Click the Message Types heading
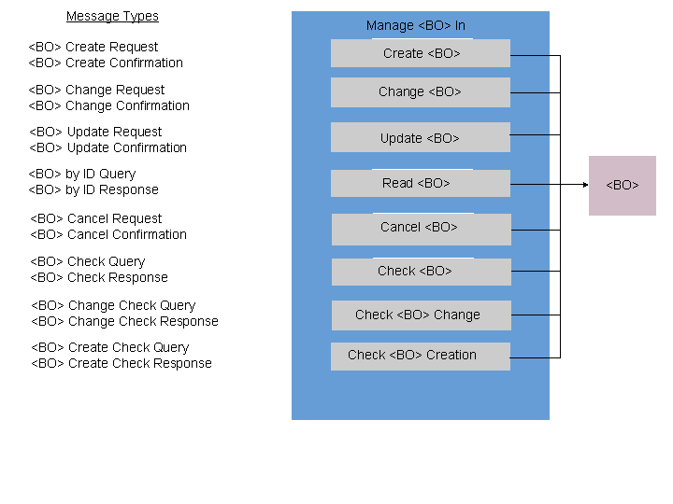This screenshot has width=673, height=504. pyautogui.click(x=112, y=16)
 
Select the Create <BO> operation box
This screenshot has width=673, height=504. pyautogui.click(x=421, y=53)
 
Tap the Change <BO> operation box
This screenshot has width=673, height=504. pyautogui.click(x=421, y=92)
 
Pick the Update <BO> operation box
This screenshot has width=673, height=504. pyautogui.click(x=421, y=137)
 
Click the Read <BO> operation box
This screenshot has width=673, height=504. pyautogui.click(x=421, y=183)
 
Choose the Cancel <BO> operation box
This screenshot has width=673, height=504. pyautogui.click(x=422, y=230)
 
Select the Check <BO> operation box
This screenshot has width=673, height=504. pyautogui.click(x=422, y=272)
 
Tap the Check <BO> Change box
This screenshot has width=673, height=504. pyautogui.click(x=422, y=315)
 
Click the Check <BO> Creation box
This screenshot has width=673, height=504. pyautogui.click(x=421, y=357)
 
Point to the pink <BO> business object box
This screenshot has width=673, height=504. pyautogui.click(x=623, y=186)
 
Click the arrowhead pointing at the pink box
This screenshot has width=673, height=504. pyautogui.click(x=586, y=185)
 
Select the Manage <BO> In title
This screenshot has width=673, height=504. pyautogui.click(x=415, y=26)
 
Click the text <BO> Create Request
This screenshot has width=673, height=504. pyautogui.click(x=93, y=47)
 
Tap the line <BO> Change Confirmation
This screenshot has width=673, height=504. pyautogui.click(x=109, y=105)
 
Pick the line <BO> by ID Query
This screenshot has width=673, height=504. pyautogui.click(x=82, y=174)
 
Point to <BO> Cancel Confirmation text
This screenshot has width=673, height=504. pyautogui.click(x=108, y=234)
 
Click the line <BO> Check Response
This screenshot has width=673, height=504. pyautogui.click(x=99, y=278)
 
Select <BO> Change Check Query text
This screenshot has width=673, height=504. pyautogui.click(x=113, y=305)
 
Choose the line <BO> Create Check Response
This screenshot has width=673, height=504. pyautogui.click(x=122, y=363)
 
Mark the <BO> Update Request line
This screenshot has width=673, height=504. pyautogui.click(x=95, y=132)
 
